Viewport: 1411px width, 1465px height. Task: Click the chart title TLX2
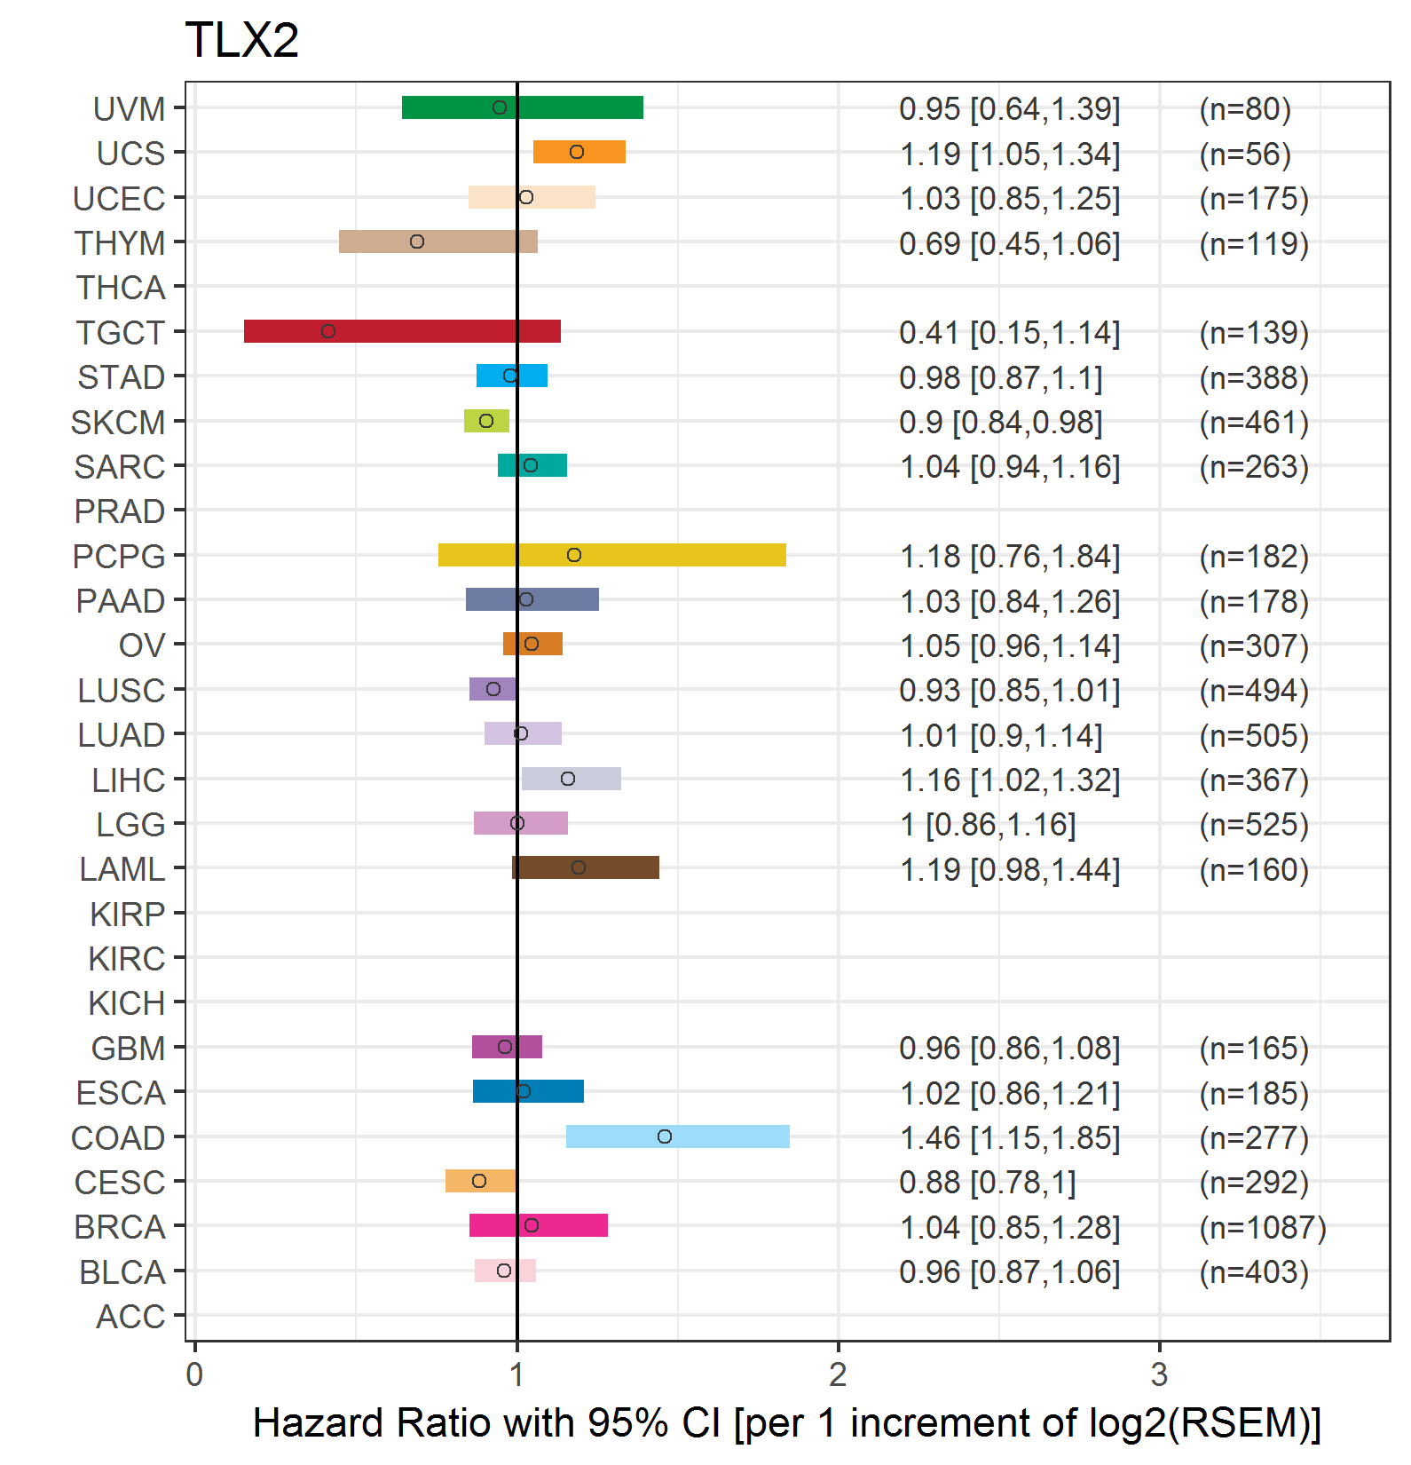[241, 41]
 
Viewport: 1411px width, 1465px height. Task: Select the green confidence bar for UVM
[523, 107]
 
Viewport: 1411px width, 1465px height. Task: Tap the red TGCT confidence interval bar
[402, 331]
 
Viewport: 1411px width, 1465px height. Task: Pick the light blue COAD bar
[678, 1136]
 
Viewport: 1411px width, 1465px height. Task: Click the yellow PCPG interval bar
[612, 555]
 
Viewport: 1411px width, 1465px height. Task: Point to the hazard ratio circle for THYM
[417, 242]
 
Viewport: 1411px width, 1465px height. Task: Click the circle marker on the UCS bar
[577, 152]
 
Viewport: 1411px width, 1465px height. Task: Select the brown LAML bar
[586, 867]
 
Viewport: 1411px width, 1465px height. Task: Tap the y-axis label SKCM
[118, 423]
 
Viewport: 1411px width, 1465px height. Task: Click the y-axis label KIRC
[127, 959]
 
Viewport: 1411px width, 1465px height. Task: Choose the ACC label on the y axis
[130, 1317]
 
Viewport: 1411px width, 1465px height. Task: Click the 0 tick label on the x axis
[194, 1374]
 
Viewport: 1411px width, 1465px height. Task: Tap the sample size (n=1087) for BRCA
[1263, 1227]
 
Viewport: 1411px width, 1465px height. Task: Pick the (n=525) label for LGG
[1254, 825]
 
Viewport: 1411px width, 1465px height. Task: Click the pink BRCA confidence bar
[539, 1225]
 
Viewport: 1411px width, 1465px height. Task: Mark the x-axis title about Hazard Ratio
[787, 1422]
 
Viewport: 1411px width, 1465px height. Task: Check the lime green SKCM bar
[486, 421]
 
